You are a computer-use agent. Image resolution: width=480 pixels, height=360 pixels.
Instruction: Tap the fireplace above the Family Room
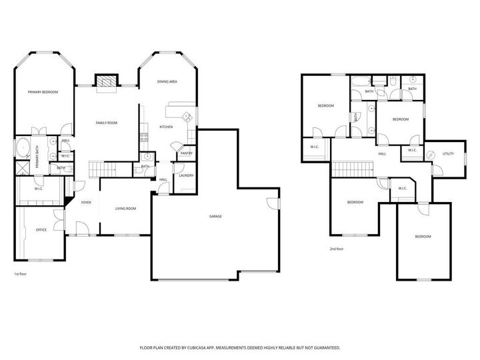(105, 81)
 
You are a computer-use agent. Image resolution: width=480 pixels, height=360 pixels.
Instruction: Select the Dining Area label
(167, 81)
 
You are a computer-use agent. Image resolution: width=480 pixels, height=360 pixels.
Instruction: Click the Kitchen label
(166, 127)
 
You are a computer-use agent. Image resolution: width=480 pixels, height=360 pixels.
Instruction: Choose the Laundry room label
(185, 175)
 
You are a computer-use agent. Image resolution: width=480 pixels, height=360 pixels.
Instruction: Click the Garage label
(215, 217)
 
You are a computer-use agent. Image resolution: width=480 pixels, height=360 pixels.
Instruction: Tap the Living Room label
(125, 209)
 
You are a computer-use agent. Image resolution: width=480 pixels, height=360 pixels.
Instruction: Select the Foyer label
(86, 202)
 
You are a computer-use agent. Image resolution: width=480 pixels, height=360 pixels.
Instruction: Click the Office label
(41, 230)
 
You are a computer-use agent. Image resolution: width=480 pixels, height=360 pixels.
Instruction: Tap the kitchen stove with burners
(143, 138)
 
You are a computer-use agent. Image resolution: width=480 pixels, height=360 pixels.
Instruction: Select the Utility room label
(448, 154)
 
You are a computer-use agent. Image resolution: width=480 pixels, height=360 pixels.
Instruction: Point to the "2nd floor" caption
(336, 249)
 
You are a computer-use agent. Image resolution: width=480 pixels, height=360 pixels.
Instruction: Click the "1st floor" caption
(21, 274)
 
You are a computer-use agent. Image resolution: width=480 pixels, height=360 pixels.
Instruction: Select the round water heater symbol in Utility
(431, 155)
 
